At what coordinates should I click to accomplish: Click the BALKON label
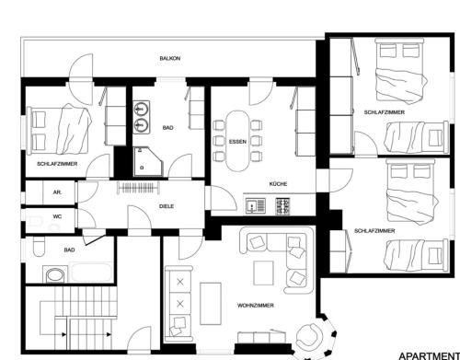tap(170, 58)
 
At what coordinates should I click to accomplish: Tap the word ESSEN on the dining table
tap(237, 142)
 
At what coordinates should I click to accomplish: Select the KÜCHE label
tap(278, 184)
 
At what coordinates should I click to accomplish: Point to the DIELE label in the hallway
tap(167, 206)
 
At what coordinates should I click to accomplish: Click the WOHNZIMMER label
tap(256, 306)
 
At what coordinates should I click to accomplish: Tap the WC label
tap(57, 216)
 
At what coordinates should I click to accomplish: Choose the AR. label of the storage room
tap(57, 192)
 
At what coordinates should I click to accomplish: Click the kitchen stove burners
tap(282, 206)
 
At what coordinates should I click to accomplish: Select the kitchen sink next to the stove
tap(256, 206)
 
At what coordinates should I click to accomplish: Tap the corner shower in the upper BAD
tap(148, 161)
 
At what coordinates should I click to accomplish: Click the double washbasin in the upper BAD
tap(142, 117)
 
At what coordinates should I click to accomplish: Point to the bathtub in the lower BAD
tap(91, 272)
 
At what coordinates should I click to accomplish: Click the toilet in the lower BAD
tap(39, 246)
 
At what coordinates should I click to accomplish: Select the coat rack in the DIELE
tap(138, 188)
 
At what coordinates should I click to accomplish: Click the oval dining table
tap(237, 141)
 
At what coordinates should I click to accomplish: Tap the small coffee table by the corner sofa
tap(263, 273)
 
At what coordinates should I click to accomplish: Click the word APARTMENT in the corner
tap(429, 356)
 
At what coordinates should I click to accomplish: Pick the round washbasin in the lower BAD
tap(55, 275)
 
